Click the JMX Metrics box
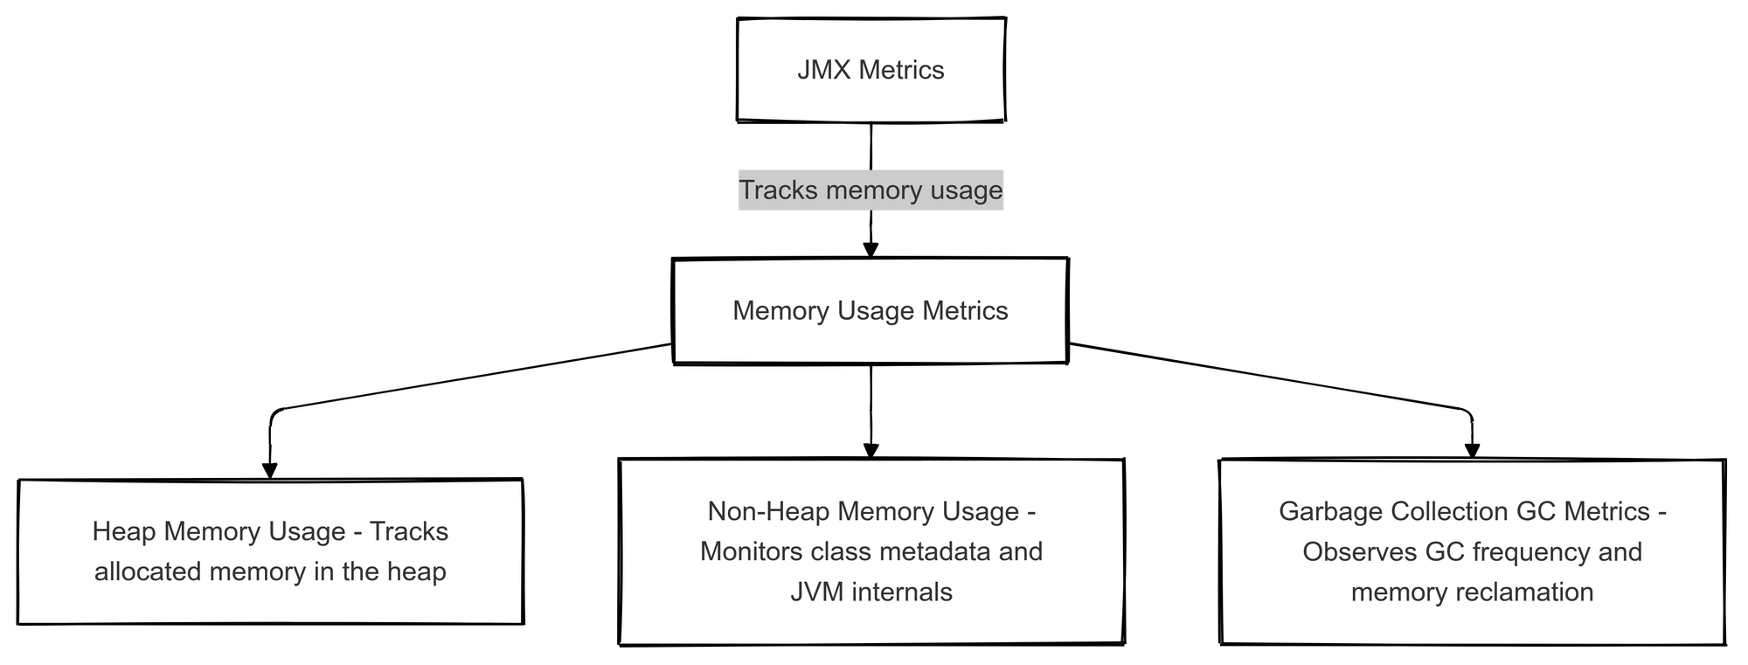coord(871,69)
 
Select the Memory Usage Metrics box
coord(871,311)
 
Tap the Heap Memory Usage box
coord(270,551)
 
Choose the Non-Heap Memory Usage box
coord(871,551)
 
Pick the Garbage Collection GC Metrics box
coord(1472,551)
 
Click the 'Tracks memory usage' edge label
coord(871,190)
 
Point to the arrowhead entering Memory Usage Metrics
coord(871,249)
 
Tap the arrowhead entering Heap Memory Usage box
coord(270,470)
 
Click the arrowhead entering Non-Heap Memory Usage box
coord(871,450)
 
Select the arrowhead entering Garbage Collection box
coord(1472,450)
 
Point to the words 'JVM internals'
coord(871,592)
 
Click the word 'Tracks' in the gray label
coord(778,190)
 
